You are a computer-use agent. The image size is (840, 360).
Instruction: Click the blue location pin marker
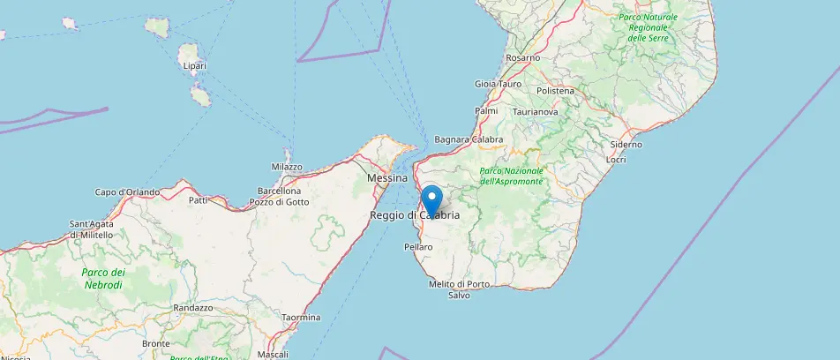[x=431, y=199]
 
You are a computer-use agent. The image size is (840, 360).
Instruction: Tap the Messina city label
[x=386, y=178]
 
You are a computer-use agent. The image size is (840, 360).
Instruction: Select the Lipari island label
[x=193, y=66]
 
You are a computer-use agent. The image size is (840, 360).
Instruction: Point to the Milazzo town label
[x=287, y=167]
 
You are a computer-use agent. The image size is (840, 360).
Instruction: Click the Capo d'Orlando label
[x=127, y=192]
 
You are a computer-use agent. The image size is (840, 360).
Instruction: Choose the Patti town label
[x=198, y=200]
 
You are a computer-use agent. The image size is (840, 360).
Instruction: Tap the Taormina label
[x=301, y=317]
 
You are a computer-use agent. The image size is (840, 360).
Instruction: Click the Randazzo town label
[x=193, y=308]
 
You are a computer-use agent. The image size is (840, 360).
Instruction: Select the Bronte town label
[x=155, y=343]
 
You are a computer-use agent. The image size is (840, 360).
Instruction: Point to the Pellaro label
[x=418, y=247]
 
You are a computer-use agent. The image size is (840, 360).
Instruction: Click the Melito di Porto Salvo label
[x=459, y=289]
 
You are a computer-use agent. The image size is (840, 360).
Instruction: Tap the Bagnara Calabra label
[x=469, y=139]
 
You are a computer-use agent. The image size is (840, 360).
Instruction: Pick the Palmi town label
[x=486, y=111]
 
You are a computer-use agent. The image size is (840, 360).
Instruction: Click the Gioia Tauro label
[x=499, y=84]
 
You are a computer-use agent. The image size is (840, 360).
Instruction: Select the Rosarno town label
[x=523, y=57]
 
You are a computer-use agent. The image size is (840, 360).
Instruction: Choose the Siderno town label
[x=626, y=145]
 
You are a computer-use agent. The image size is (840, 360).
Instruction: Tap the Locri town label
[x=616, y=160]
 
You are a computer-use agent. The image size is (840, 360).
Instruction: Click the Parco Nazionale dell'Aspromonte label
[x=512, y=176]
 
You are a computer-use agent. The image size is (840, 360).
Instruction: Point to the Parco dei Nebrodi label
[x=104, y=278]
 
